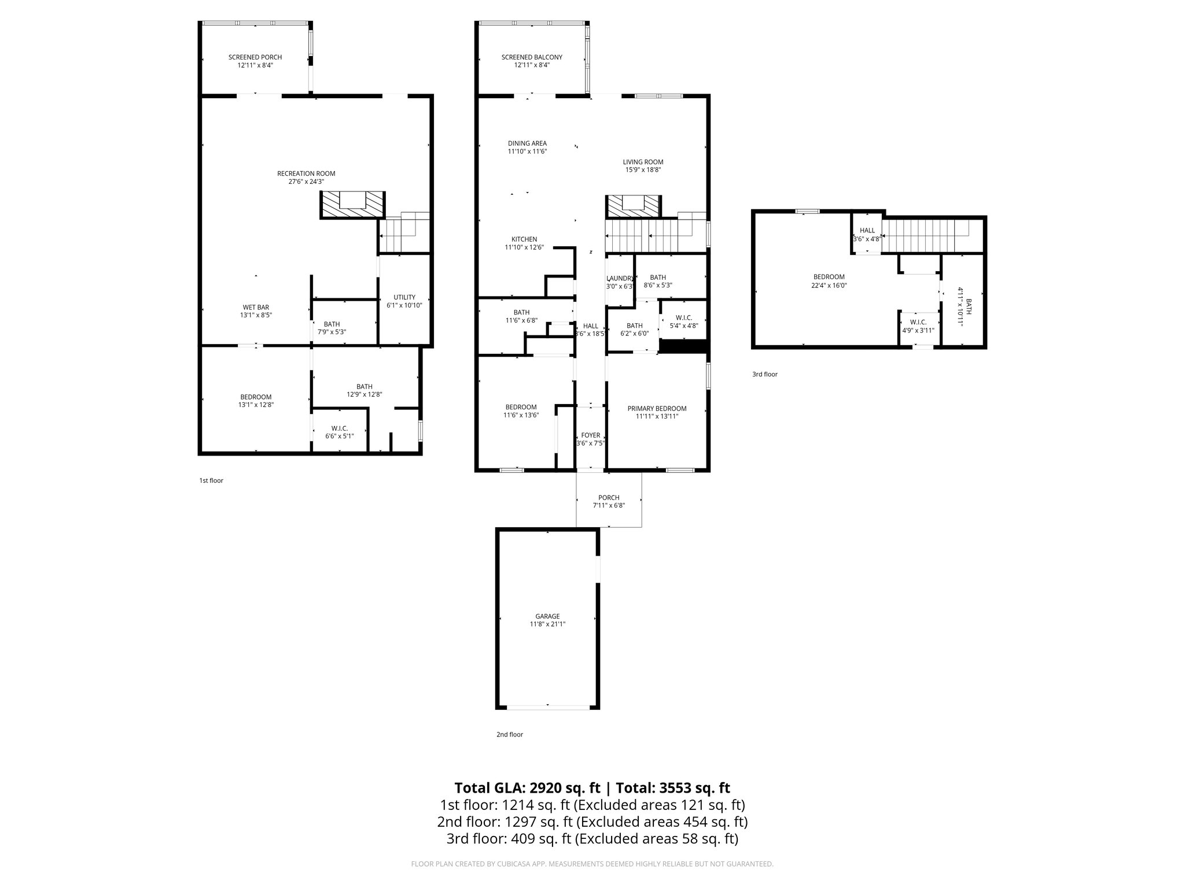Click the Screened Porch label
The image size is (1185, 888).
coord(255,57)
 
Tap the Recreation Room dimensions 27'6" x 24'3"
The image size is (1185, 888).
coord(306,182)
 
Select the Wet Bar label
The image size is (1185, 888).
coord(255,307)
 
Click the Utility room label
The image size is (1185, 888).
coord(404,297)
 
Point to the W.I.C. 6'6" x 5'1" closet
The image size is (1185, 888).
coord(339,432)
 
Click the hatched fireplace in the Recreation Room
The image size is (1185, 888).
coord(352,205)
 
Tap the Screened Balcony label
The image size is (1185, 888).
coord(531,57)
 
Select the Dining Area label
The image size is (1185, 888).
coord(527,143)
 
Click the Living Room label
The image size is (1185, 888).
coord(643,162)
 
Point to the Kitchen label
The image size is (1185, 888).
coord(524,239)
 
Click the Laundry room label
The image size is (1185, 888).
coord(620,278)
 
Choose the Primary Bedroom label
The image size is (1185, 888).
coord(657,408)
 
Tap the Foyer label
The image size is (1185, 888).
coord(590,435)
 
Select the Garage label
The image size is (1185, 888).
coord(547,616)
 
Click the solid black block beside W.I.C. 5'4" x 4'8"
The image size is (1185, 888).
coord(684,346)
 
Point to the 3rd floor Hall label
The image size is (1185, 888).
coord(867,230)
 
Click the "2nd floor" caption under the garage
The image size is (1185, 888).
coord(509,734)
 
